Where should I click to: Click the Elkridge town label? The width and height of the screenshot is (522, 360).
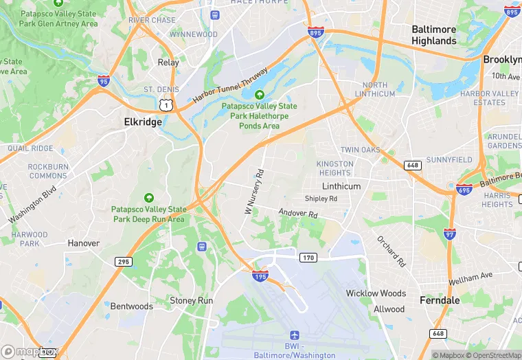(143, 122)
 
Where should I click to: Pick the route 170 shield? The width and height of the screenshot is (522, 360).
(307, 258)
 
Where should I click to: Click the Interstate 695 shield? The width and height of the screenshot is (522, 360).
(464, 188)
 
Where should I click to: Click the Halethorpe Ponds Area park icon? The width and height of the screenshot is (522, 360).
(260, 95)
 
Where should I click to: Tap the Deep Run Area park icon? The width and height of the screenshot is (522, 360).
(149, 198)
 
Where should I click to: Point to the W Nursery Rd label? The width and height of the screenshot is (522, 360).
(254, 191)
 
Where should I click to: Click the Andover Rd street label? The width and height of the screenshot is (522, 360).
(298, 214)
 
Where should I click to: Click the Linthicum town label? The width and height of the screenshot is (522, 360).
(341, 186)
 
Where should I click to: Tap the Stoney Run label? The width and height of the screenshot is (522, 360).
(191, 300)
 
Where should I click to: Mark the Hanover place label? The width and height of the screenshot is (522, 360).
(84, 243)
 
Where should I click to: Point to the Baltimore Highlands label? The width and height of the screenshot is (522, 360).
(433, 35)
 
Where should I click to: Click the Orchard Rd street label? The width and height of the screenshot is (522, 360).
(390, 251)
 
